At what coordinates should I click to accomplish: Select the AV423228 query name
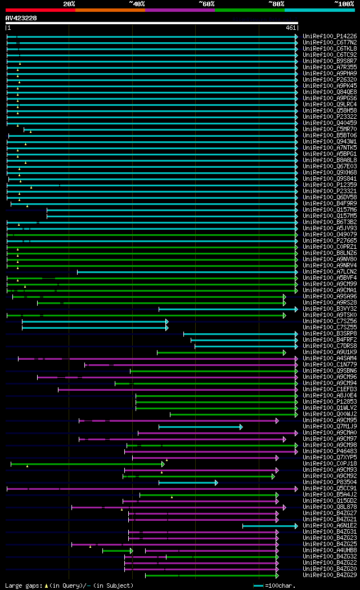(21, 18)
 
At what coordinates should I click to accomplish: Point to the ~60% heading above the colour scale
(206, 4)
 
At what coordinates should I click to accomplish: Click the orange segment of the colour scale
(110, 10)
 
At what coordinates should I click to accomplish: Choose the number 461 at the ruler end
(291, 28)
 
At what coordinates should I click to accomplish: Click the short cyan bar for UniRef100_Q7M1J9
(200, 427)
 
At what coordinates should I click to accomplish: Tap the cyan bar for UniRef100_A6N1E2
(269, 526)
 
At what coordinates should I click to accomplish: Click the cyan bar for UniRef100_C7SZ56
(94, 321)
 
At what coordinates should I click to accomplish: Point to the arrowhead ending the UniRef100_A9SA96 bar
(285, 297)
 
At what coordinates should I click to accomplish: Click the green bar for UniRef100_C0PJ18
(87, 464)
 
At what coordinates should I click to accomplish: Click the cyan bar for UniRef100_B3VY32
(228, 309)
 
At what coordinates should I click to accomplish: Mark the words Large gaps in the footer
(22, 585)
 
